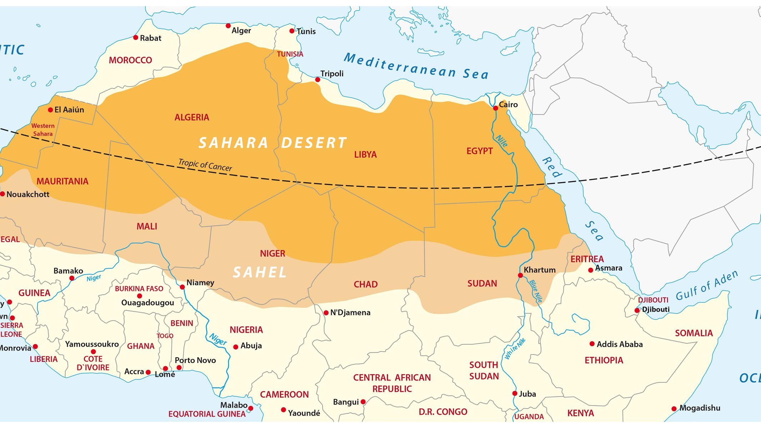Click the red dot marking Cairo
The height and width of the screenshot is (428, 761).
(495, 108)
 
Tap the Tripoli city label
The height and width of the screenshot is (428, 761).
(332, 74)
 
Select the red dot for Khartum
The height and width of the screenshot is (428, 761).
(520, 275)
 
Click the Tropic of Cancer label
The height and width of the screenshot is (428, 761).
(205, 165)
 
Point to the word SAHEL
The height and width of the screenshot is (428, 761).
(259, 273)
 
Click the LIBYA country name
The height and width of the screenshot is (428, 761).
(365, 155)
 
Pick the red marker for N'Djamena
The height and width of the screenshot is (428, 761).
(326, 313)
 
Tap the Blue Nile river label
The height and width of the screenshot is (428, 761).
(536, 291)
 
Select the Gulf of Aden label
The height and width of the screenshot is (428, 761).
(707, 286)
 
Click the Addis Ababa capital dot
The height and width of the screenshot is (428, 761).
(592, 344)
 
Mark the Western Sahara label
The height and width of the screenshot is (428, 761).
(42, 130)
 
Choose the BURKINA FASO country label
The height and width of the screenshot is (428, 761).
(139, 288)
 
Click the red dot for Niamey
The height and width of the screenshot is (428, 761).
(182, 287)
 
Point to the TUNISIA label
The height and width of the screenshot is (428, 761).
(290, 54)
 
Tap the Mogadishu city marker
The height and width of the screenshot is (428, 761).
(674, 409)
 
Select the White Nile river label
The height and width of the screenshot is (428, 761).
(515, 349)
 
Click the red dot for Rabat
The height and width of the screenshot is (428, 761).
(136, 37)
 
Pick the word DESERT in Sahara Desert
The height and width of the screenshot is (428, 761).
(314, 143)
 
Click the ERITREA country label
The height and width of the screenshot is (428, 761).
(587, 259)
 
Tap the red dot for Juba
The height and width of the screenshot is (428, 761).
(515, 393)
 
